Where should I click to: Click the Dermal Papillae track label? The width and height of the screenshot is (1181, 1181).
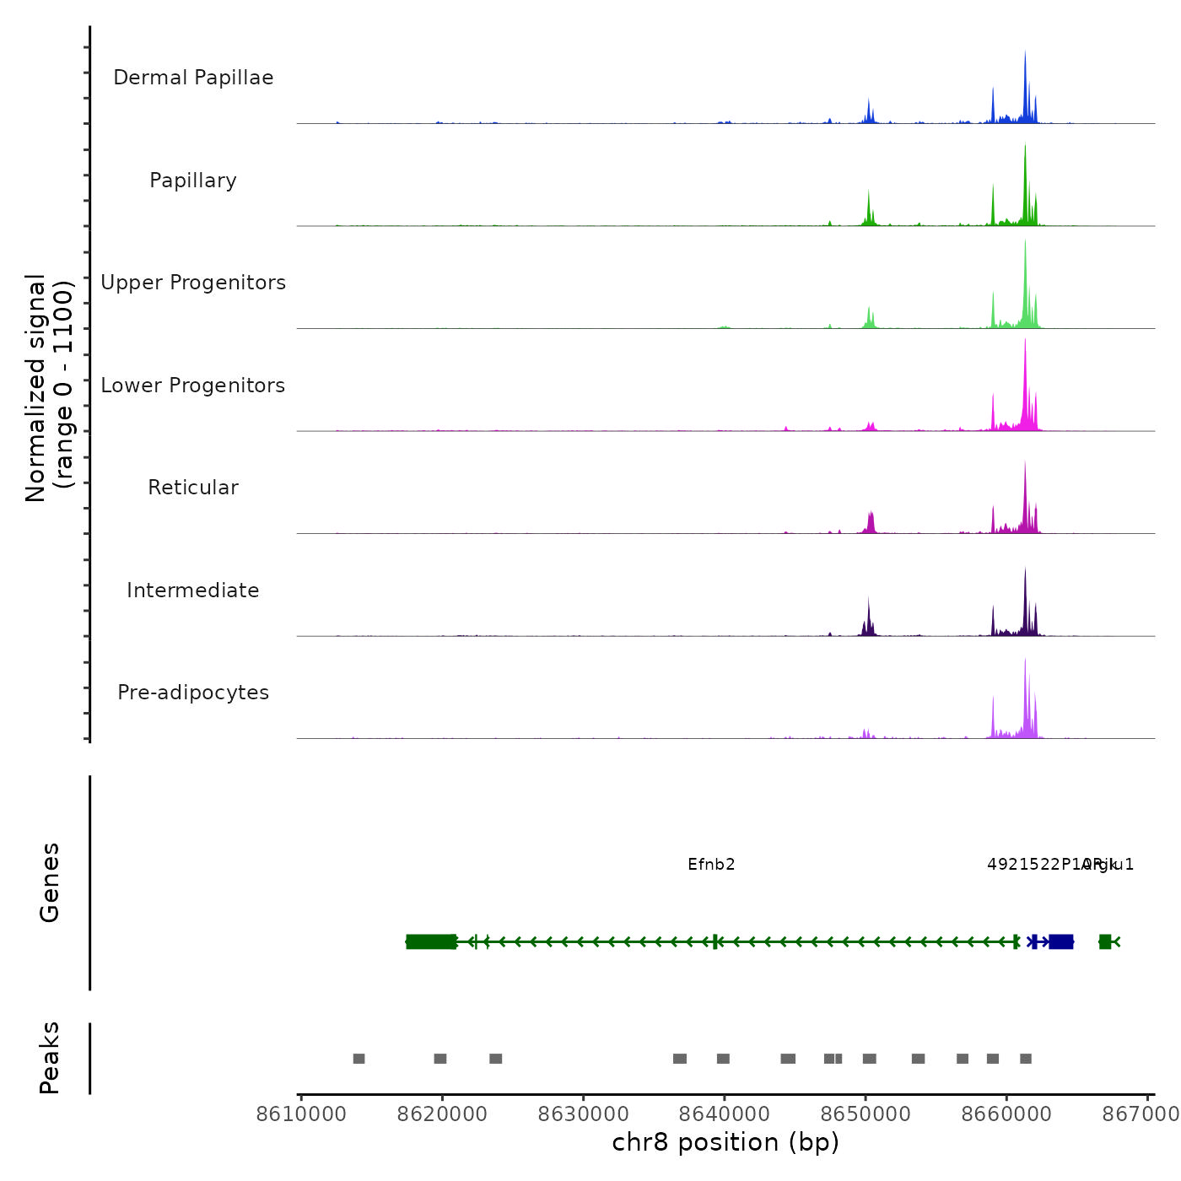tap(193, 78)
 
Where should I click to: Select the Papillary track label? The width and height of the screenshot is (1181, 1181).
tap(193, 181)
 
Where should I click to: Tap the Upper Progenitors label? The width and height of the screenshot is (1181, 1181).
tap(193, 283)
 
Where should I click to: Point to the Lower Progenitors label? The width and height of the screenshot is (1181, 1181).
tap(193, 386)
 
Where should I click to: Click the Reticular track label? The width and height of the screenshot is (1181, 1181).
tap(193, 488)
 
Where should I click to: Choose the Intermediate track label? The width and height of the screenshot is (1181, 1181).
tap(193, 590)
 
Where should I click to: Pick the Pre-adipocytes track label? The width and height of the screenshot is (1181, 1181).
tap(193, 693)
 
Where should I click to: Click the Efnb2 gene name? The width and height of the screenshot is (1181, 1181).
tap(711, 865)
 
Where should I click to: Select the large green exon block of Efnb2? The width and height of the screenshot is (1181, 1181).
tap(431, 941)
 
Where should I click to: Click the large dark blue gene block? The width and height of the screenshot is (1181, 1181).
tap(1061, 941)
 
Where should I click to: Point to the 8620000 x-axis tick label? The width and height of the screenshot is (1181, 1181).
tap(442, 1114)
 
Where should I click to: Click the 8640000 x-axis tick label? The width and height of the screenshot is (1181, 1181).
tap(724, 1114)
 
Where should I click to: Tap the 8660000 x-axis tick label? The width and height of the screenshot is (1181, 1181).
tap(1006, 1114)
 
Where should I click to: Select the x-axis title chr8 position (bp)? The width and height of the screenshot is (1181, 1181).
tap(725, 1142)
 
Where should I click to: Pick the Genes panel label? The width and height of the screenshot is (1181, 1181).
tap(50, 882)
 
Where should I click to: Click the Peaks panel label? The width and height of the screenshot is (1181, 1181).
tap(50, 1058)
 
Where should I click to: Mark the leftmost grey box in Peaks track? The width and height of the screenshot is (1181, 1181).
tap(359, 1059)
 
